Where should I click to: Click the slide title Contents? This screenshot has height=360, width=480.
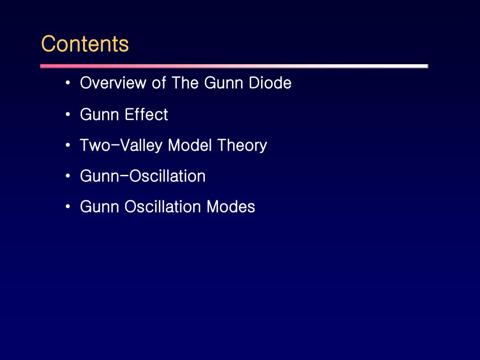coord(85,44)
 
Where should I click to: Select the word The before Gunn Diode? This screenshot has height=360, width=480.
coord(186,83)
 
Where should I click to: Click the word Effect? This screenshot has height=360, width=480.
coord(146,115)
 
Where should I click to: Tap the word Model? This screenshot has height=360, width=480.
coord(190,145)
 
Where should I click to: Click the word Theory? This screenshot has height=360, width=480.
coord(242,146)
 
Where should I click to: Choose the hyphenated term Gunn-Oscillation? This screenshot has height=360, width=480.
coord(142,176)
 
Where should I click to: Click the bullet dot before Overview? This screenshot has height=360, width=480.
coord(68,83)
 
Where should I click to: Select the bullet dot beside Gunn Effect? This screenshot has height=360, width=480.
coord(68,115)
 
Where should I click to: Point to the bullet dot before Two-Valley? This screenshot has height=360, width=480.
coord(68,145)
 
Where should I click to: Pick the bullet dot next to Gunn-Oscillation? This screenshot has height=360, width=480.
coord(68,176)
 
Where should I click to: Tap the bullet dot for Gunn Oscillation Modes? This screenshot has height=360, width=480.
coord(68,207)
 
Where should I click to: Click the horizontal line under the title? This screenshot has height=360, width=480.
coord(234,66)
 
